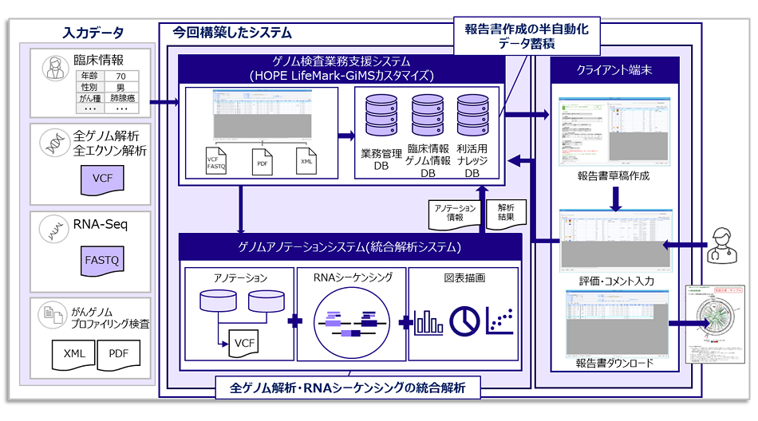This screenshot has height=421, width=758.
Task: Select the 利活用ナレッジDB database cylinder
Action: [472, 116]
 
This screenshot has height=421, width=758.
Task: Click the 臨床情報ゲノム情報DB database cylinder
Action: [427, 116]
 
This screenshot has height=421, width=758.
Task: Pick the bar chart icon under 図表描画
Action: [428, 321]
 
